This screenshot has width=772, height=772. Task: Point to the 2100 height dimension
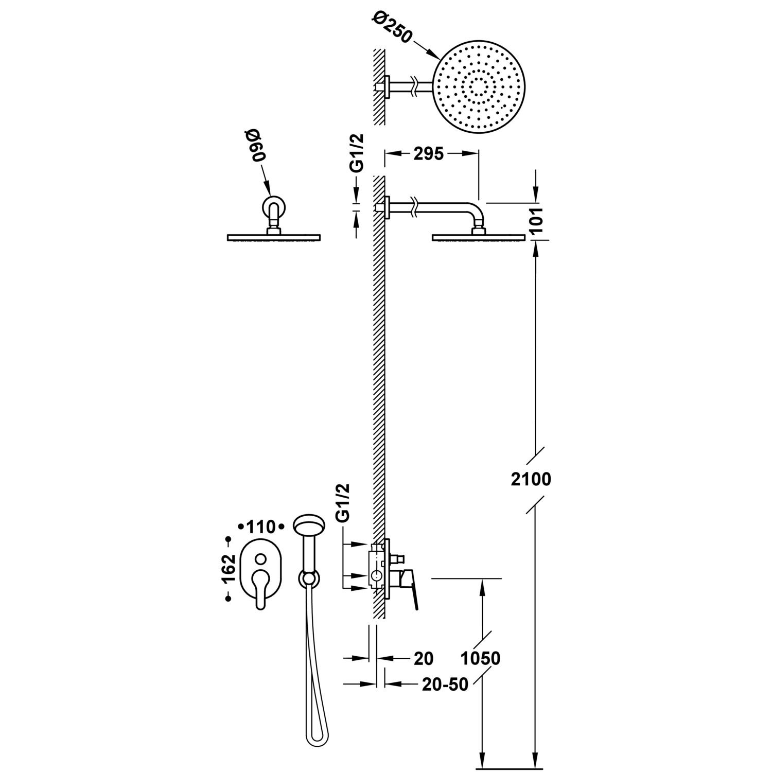(x=531, y=479)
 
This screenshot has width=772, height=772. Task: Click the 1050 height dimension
(x=480, y=658)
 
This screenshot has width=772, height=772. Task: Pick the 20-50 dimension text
(x=445, y=684)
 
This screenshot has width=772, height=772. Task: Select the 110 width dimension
(x=260, y=527)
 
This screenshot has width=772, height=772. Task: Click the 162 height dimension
(x=230, y=568)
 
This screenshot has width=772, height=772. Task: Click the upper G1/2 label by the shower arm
(x=357, y=152)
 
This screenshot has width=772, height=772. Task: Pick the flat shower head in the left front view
(x=273, y=237)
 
